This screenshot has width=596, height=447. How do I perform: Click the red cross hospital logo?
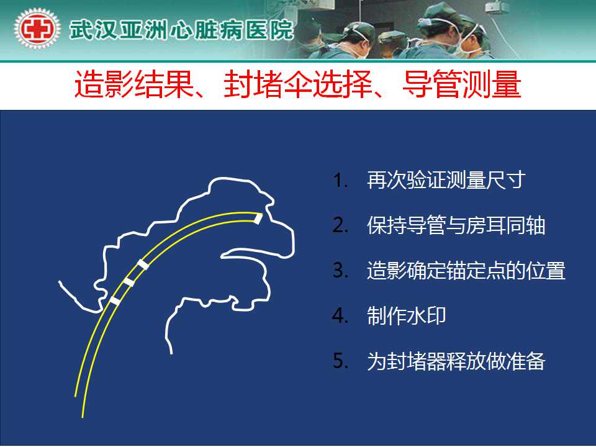tap(37, 29)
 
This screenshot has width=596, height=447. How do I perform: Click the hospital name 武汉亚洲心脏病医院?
tap(181, 30)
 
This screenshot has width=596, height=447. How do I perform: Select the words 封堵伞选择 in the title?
tap(297, 84)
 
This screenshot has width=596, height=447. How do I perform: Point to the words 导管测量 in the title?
tap(461, 84)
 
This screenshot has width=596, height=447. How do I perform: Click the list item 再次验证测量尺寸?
tap(446, 180)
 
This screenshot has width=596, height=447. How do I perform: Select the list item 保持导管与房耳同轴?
tap(456, 225)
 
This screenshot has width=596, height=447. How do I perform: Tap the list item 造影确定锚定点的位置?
tap(466, 270)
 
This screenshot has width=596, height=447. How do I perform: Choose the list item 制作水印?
tap(406, 315)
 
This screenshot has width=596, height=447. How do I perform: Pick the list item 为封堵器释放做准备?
tap(456, 361)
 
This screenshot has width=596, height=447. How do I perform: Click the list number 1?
tap(340, 180)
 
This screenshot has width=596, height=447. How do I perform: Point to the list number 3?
tap(340, 271)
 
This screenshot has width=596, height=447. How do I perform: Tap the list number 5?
tap(340, 361)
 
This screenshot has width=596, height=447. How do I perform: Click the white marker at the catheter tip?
tap(258, 219)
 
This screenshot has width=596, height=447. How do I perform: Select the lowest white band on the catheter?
tap(115, 301)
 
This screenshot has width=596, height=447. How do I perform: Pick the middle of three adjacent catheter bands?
tap(129, 282)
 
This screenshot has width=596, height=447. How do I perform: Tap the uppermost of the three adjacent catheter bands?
tap(143, 264)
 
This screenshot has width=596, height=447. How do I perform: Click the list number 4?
tap(340, 316)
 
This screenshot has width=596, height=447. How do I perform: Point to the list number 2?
tap(340, 225)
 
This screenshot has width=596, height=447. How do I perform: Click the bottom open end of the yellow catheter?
tap(79, 407)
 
